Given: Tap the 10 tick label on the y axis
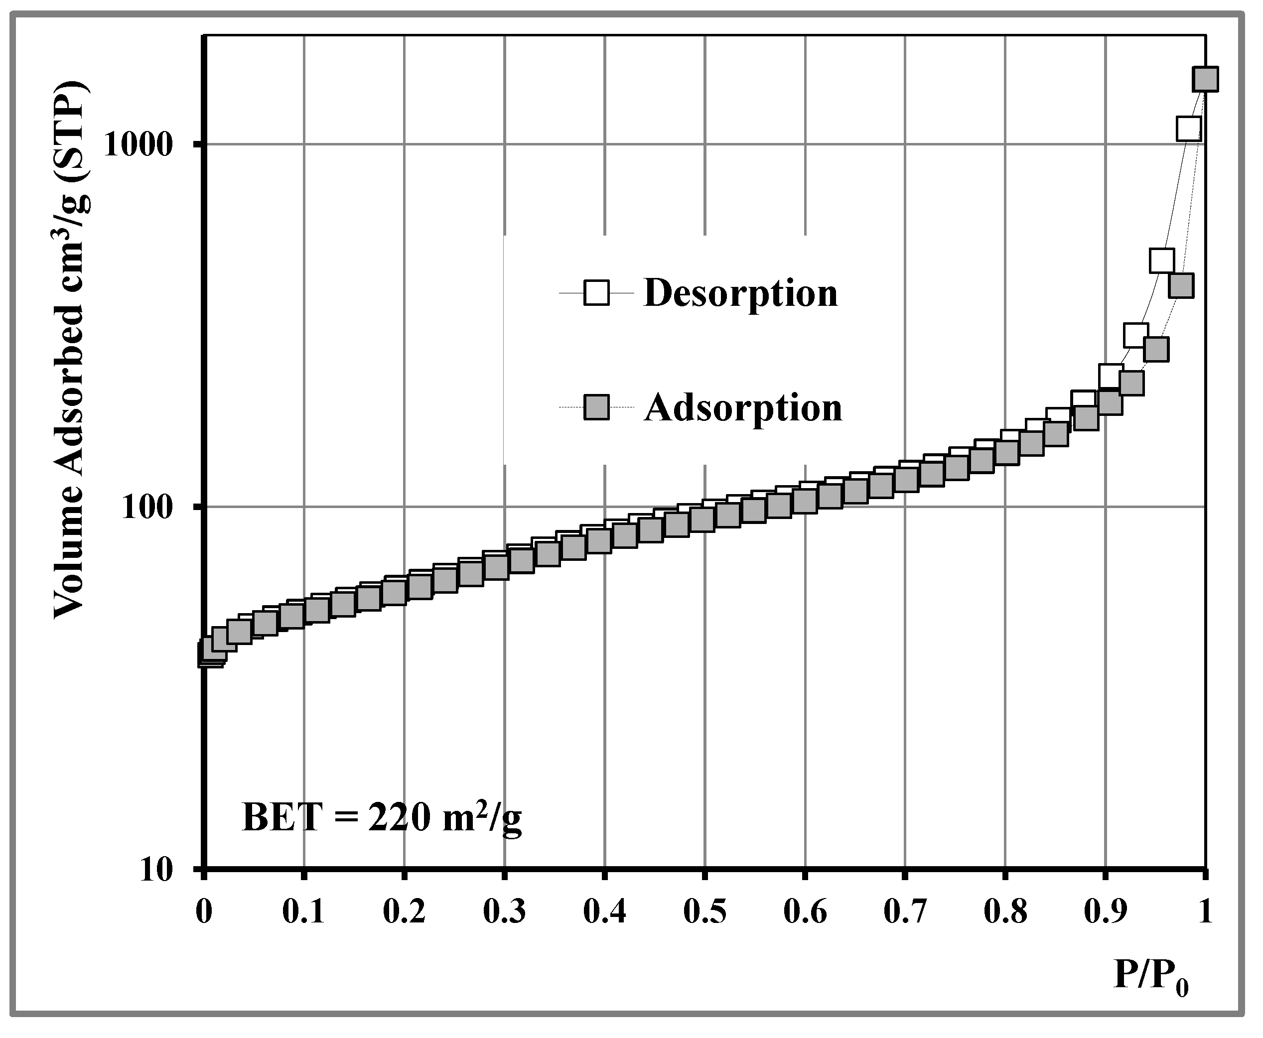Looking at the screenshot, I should (x=156, y=871).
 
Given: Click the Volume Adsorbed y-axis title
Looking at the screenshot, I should (x=72, y=350).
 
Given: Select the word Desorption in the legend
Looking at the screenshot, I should (x=740, y=293).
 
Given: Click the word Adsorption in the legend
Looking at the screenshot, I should (x=743, y=408).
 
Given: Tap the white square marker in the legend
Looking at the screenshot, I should (x=596, y=293).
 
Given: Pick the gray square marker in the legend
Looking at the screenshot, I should (x=596, y=408).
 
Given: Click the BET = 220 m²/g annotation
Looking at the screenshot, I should (x=382, y=818).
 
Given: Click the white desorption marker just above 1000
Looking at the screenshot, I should (x=1188, y=129).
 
